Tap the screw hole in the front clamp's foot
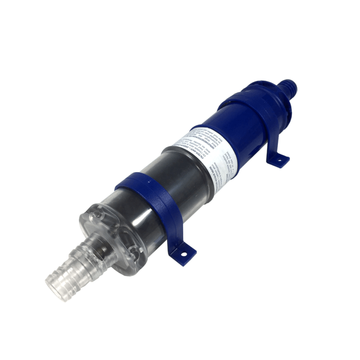click(184, 254)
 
